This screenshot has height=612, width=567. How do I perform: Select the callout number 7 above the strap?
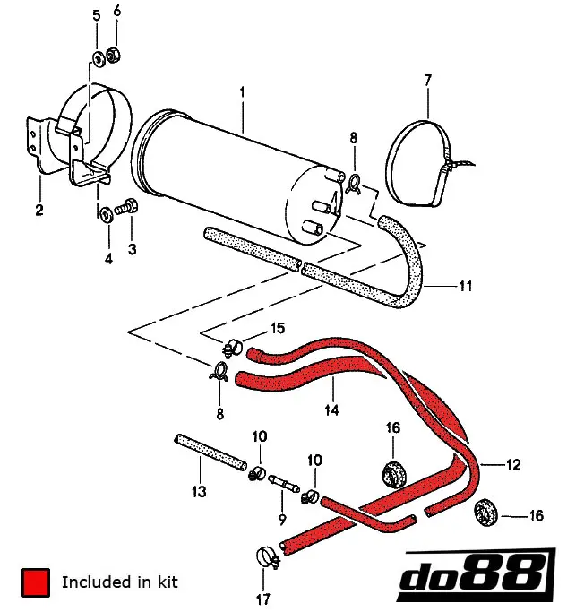(x=428, y=81)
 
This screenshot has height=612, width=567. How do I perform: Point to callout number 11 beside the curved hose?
(x=465, y=287)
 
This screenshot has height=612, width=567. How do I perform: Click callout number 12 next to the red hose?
(x=513, y=465)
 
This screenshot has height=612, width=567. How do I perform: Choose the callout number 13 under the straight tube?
(x=198, y=492)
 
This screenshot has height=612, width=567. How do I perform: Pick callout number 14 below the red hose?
(x=331, y=410)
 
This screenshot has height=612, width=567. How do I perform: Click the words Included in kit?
(x=120, y=582)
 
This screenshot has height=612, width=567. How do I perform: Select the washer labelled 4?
(x=105, y=213)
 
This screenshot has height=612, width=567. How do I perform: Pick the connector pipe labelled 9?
(x=283, y=485)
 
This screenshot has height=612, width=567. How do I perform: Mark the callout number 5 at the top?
(x=97, y=17)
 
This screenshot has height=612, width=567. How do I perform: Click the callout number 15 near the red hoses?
(x=279, y=328)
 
